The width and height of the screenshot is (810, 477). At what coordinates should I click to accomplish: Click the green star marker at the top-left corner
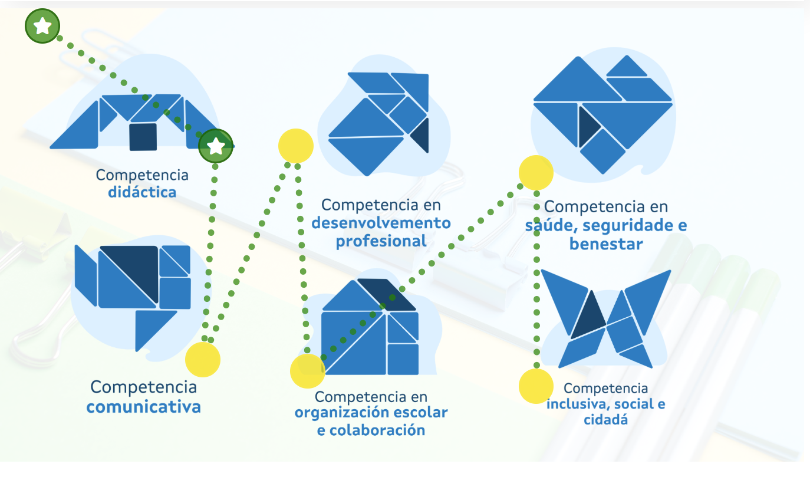pos(42,27)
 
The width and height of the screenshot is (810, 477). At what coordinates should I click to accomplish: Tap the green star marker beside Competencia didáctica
pos(216,146)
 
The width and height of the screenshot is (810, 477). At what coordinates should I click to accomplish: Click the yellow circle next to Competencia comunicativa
pos(203,359)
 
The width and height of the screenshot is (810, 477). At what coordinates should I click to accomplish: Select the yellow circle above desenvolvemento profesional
pos(295,146)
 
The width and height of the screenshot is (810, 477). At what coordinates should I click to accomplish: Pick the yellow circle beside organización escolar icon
pos(308,371)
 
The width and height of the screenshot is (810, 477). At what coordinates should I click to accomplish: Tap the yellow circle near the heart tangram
pos(536,173)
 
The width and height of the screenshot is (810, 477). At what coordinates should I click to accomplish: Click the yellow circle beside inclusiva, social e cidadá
pos(536,386)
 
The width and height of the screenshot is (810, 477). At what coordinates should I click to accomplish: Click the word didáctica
pos(142,192)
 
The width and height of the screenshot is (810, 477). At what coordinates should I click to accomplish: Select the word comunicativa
pos(143,407)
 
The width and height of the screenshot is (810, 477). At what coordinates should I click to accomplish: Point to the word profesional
pos(381,241)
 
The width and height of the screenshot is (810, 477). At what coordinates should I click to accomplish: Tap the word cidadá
pos(605,420)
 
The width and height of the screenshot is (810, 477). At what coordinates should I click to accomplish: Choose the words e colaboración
pos(371,430)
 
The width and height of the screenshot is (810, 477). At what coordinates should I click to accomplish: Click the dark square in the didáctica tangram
pos(143,136)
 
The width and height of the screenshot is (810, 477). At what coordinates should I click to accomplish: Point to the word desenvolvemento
pos(381,223)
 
